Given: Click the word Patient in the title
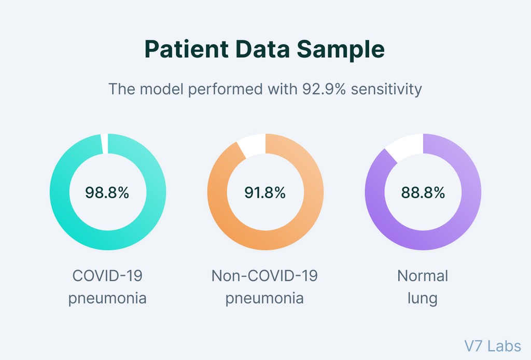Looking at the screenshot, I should pyautogui.click(x=186, y=50).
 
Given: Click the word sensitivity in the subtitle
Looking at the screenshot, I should pyautogui.click(x=386, y=89).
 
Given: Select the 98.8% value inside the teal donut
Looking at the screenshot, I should pyautogui.click(x=107, y=193).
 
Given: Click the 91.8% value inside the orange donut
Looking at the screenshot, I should pyautogui.click(x=265, y=193).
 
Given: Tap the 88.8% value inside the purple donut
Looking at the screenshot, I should pyautogui.click(x=423, y=193).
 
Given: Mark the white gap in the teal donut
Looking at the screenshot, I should pyautogui.click(x=105, y=143).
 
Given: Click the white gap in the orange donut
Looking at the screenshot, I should pyautogui.click(x=252, y=145).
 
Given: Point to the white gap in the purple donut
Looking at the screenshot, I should pyautogui.click(x=406, y=147).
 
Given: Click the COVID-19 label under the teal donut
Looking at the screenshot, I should pyautogui.click(x=107, y=275).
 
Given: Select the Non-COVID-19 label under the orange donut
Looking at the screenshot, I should pyautogui.click(x=264, y=275).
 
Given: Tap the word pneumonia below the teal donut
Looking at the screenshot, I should pyautogui.click(x=107, y=299).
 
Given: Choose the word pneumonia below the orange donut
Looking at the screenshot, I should pyautogui.click(x=264, y=299).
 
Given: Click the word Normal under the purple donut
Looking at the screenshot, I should pyautogui.click(x=423, y=275).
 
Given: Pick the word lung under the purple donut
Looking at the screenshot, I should pyautogui.click(x=422, y=299).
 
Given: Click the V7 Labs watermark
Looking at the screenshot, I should pyautogui.click(x=493, y=345).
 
